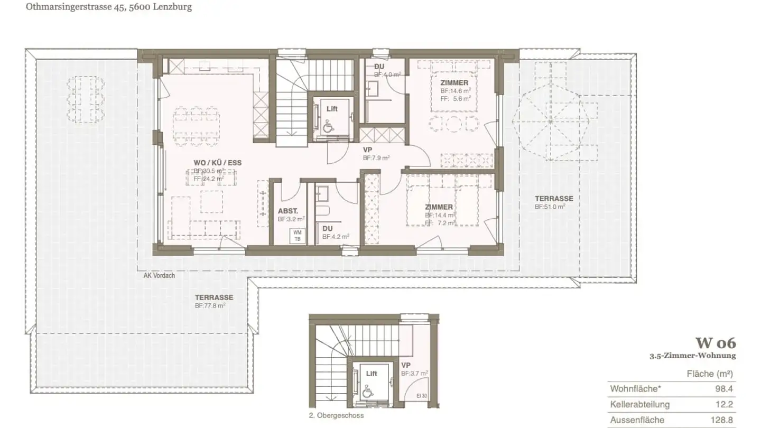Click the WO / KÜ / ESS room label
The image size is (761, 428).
tap(217, 163)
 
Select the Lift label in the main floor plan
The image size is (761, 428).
tap(332, 109)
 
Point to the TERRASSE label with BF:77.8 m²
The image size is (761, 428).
tap(214, 297)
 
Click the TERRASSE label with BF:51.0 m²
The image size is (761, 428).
tap(553, 199)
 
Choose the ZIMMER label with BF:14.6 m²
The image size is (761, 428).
tap(454, 83)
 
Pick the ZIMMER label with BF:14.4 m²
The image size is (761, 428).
tap(439, 207)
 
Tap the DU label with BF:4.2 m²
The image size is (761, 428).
tap(327, 228)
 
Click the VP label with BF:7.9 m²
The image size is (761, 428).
tap(367, 150)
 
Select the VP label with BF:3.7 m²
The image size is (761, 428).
tap(406, 365)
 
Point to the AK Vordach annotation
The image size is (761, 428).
tap(159, 275)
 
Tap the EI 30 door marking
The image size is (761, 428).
tap(422, 395)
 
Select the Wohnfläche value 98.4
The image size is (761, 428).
tap(725, 389)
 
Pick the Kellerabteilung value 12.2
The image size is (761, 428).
tap(725, 405)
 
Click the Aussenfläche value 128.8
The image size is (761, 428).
tap(722, 420)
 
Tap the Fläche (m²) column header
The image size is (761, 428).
tap(709, 374)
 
